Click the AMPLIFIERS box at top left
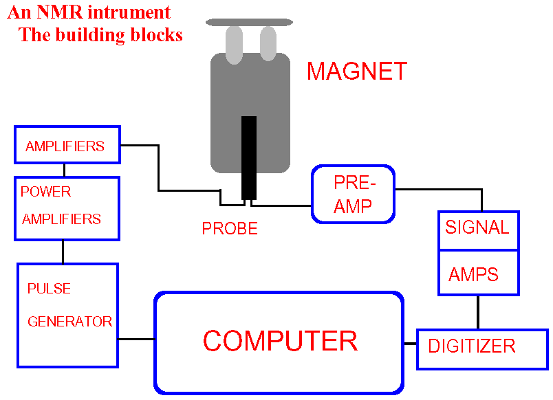pyautogui.click(x=67, y=146)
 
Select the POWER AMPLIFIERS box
pyautogui.click(x=67, y=208)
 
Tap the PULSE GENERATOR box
pyautogui.click(x=67, y=315)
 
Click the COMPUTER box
pyautogui.click(x=279, y=342)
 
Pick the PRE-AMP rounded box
pyautogui.click(x=354, y=194)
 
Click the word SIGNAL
pyautogui.click(x=477, y=227)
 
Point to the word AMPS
pyautogui.click(x=473, y=275)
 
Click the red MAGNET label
pyautogui.click(x=356, y=71)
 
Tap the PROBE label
pyautogui.click(x=230, y=229)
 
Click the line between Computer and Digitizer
pyautogui.click(x=410, y=343)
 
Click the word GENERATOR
pyautogui.click(x=69, y=321)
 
